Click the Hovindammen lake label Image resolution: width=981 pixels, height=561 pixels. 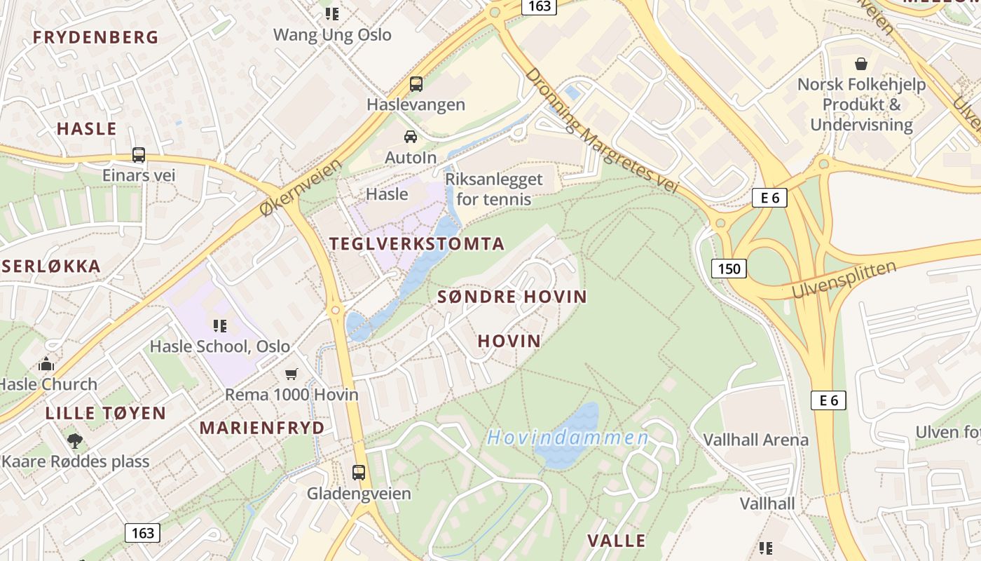click(x=568, y=438)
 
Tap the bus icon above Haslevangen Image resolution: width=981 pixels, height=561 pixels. click(x=416, y=84)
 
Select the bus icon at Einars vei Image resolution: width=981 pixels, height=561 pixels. click(x=139, y=155)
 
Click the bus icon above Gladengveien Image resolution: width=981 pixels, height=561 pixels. click(x=359, y=473)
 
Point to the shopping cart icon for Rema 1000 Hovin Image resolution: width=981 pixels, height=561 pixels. click(x=291, y=374)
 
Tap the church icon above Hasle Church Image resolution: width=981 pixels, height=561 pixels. click(x=47, y=364)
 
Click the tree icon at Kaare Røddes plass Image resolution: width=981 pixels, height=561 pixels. click(x=75, y=441)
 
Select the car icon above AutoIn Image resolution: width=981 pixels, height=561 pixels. click(x=411, y=137)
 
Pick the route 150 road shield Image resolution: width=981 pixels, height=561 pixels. click(x=729, y=268)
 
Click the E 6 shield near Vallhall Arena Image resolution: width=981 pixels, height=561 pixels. click(x=828, y=400)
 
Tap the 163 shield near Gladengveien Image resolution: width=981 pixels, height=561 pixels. click(x=142, y=532)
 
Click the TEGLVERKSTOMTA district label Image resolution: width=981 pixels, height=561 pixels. click(x=417, y=244)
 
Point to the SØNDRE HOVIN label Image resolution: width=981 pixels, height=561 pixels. click(x=512, y=297)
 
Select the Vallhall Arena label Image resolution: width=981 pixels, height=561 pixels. click(x=755, y=440)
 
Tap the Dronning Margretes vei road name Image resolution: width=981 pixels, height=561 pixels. click(x=602, y=130)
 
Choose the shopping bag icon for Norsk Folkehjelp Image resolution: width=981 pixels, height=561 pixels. click(x=861, y=64)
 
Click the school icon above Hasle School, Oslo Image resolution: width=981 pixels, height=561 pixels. click(x=220, y=325)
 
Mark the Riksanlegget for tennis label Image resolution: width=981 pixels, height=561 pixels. click(x=499, y=189)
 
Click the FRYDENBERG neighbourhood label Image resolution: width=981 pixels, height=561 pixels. click(x=96, y=38)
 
